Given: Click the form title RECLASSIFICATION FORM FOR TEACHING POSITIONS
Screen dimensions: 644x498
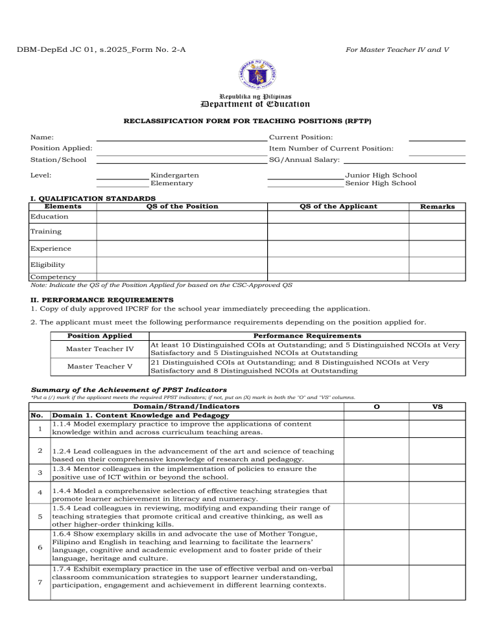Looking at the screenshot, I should pyautogui.click(x=248, y=120).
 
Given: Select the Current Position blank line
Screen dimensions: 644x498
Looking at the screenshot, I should pyautogui.click(x=436, y=137).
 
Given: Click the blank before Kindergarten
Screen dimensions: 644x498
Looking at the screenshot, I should pyautogui.click(x=122, y=176).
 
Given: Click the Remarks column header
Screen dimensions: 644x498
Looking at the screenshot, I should pyautogui.click(x=437, y=207).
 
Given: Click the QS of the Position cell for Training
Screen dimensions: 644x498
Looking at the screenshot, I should pyautogui.click(x=182, y=231).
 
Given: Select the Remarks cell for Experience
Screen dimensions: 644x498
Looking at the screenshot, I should pyautogui.click(x=437, y=248).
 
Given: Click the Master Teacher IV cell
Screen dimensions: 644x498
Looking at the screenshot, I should pyautogui.click(x=100, y=349).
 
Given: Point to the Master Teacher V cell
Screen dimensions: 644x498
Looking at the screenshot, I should pyautogui.click(x=100, y=367).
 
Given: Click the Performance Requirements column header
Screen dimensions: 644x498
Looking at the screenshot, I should pyautogui.click(x=307, y=336).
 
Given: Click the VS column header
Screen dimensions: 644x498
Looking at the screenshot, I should pyautogui.click(x=437, y=406).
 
